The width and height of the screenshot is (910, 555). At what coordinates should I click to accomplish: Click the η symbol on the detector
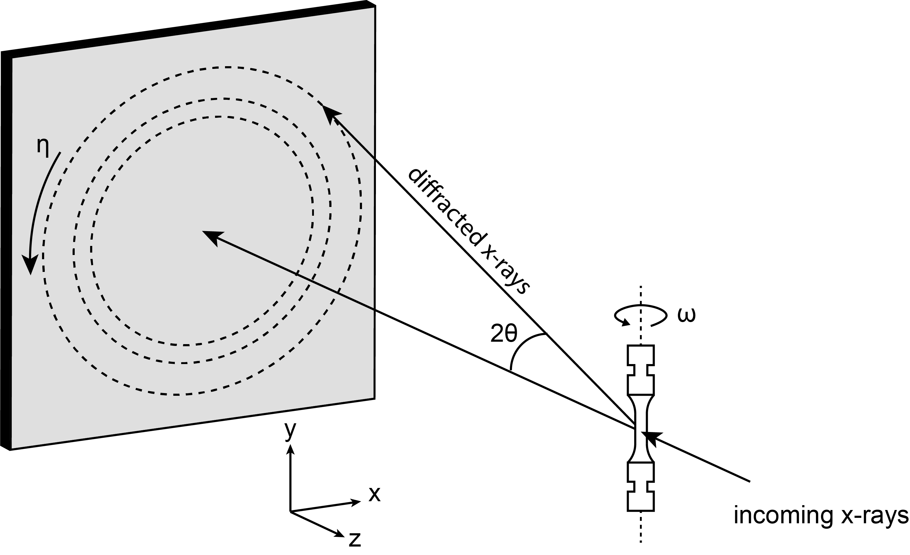(43, 147)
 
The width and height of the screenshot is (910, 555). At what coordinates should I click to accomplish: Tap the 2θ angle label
(504, 334)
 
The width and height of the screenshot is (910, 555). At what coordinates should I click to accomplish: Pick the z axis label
(354, 540)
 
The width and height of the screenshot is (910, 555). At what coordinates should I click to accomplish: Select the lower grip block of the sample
(641, 487)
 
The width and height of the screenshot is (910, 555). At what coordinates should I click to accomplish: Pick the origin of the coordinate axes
(291, 511)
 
